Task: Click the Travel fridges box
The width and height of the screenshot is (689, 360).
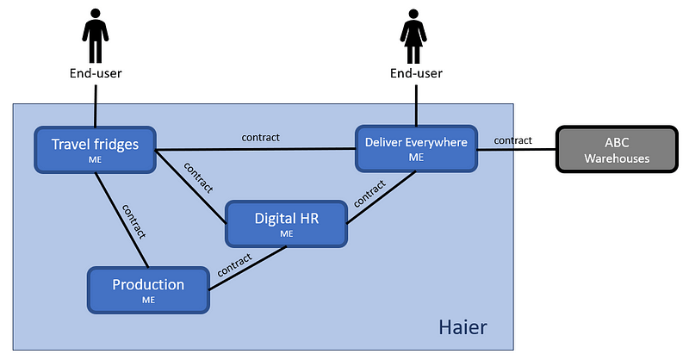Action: (x=95, y=149)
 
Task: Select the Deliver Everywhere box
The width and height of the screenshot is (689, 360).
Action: (x=416, y=148)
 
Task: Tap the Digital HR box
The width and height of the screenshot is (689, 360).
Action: (x=286, y=223)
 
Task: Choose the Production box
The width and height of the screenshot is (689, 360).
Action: (x=148, y=289)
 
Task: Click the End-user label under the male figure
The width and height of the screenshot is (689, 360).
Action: (x=96, y=73)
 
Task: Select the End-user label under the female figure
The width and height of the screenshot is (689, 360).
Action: (x=416, y=73)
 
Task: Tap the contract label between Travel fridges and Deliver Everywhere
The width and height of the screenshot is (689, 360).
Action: (x=260, y=137)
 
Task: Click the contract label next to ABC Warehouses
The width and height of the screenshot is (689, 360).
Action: (x=512, y=140)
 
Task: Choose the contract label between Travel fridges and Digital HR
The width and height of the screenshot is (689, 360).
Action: (x=199, y=177)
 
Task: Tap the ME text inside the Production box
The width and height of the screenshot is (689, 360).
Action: (x=148, y=301)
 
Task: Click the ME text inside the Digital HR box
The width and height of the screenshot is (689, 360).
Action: (x=286, y=233)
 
